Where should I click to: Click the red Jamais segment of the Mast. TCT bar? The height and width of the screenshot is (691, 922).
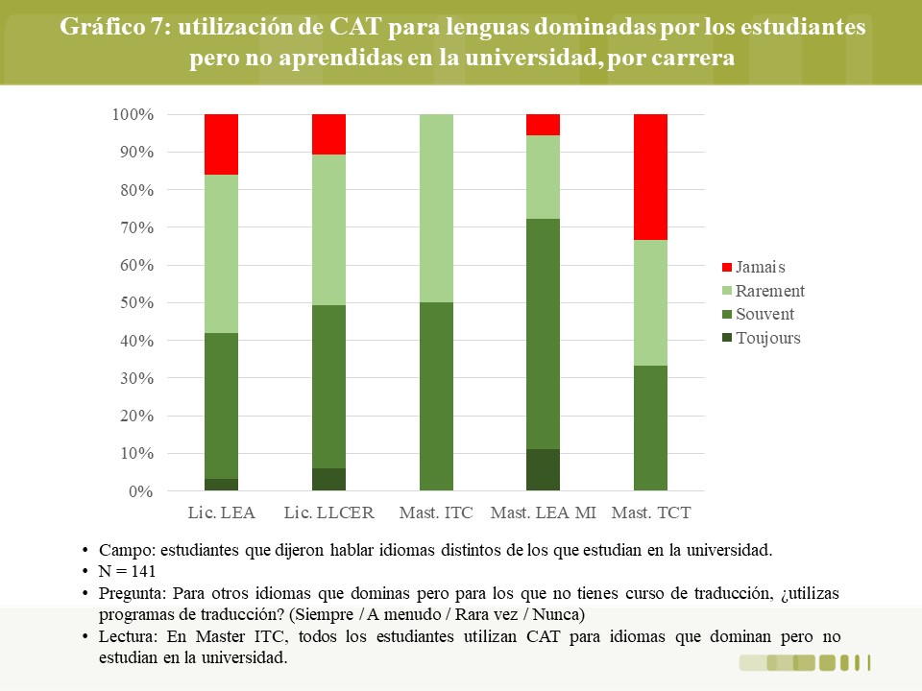[x=650, y=177]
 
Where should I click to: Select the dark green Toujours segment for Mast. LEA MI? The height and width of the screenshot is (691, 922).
[x=543, y=469]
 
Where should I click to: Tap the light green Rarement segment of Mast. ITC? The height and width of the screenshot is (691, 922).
[x=436, y=208]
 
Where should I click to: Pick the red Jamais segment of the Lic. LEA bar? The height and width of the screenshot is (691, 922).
[x=222, y=145]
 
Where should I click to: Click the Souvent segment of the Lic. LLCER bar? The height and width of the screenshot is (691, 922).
[x=328, y=387]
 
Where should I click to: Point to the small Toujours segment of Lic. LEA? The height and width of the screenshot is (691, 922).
[x=222, y=485]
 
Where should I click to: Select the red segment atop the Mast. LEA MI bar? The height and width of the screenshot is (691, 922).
[x=543, y=125]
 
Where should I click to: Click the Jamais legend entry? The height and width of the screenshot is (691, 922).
[x=754, y=268]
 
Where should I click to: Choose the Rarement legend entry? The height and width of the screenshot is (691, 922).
[x=764, y=291]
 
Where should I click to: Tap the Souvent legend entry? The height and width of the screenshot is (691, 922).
[x=758, y=315]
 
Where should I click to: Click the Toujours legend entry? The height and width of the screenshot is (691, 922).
[x=762, y=339]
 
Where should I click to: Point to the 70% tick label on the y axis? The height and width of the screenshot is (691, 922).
[x=137, y=227]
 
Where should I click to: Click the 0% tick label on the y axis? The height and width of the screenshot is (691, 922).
[x=141, y=491]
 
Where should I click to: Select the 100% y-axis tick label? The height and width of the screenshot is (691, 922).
[x=133, y=114]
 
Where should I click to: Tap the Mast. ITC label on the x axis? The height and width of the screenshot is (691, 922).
[x=436, y=512]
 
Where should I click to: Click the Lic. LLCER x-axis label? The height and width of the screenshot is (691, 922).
[x=328, y=512]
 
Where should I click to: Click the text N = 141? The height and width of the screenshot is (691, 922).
[x=127, y=571]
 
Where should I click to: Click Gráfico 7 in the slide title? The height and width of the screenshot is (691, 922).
[x=114, y=27]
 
